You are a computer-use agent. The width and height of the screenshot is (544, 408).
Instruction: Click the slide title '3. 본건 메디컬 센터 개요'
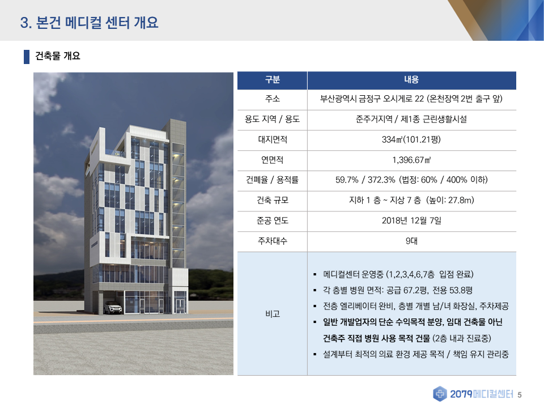(89, 23)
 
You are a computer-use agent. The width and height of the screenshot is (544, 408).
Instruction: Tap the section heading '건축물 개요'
(58, 56)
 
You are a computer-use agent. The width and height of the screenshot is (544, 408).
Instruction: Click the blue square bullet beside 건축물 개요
(27, 57)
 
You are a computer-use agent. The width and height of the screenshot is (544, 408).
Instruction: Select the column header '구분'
(273, 80)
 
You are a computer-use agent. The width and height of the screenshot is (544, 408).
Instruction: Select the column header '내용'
(411, 80)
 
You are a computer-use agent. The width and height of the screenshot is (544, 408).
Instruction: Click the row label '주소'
(273, 99)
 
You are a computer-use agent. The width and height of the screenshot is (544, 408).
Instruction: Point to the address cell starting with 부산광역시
(411, 99)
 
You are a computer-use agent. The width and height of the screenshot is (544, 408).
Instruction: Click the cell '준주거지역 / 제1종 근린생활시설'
(411, 120)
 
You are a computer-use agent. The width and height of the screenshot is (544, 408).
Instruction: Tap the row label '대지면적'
(273, 139)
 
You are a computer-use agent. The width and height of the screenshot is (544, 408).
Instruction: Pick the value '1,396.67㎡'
(411, 160)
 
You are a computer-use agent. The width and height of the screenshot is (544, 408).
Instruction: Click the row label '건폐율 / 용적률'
(273, 180)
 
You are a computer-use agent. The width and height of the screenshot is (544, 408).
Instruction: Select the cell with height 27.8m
(411, 200)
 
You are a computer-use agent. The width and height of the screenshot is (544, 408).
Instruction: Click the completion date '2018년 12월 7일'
(411, 220)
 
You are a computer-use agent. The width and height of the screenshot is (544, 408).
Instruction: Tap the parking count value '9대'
(411, 241)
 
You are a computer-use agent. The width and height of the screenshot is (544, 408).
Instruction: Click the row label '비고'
(273, 314)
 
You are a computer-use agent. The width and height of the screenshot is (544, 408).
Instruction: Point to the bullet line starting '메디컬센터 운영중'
(398, 274)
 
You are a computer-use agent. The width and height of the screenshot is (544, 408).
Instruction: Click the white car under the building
(113, 308)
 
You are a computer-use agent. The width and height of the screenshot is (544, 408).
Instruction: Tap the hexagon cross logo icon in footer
(440, 394)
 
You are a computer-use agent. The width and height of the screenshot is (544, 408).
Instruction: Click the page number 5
(520, 395)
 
